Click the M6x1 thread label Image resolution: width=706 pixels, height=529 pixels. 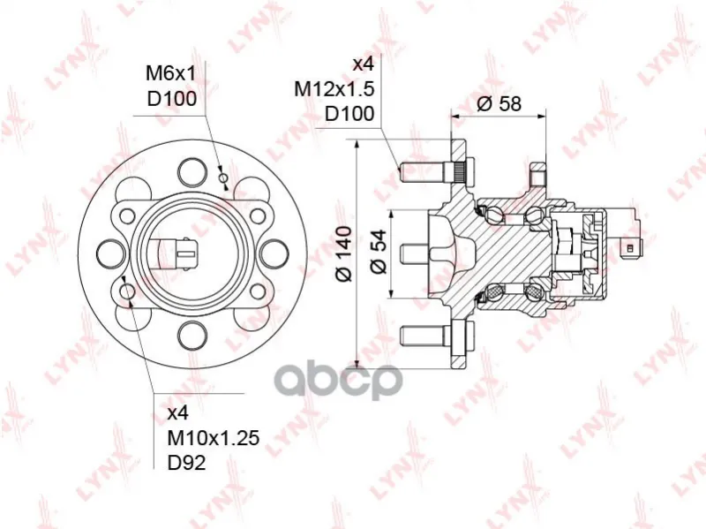click(x=171, y=73)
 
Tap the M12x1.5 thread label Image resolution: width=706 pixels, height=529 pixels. click(x=334, y=89)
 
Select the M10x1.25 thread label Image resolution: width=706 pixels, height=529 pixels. click(x=214, y=437)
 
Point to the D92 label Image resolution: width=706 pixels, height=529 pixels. click(x=187, y=462)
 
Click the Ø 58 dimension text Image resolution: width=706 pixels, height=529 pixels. click(x=499, y=104)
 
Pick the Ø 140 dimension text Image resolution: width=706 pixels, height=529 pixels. click(x=344, y=253)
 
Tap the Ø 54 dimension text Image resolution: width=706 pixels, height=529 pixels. click(x=379, y=252)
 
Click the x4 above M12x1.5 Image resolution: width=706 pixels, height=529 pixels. click(x=364, y=64)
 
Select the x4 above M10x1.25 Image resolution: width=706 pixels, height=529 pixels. click(x=178, y=413)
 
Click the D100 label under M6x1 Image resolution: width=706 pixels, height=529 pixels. click(x=172, y=99)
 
